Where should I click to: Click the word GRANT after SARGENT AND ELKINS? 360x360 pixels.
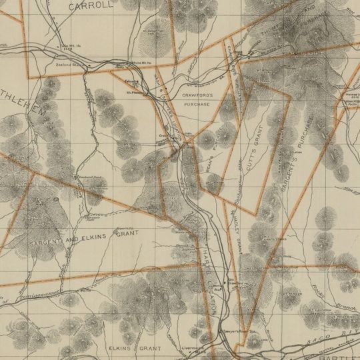pyautogui.click(x=127, y=234)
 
